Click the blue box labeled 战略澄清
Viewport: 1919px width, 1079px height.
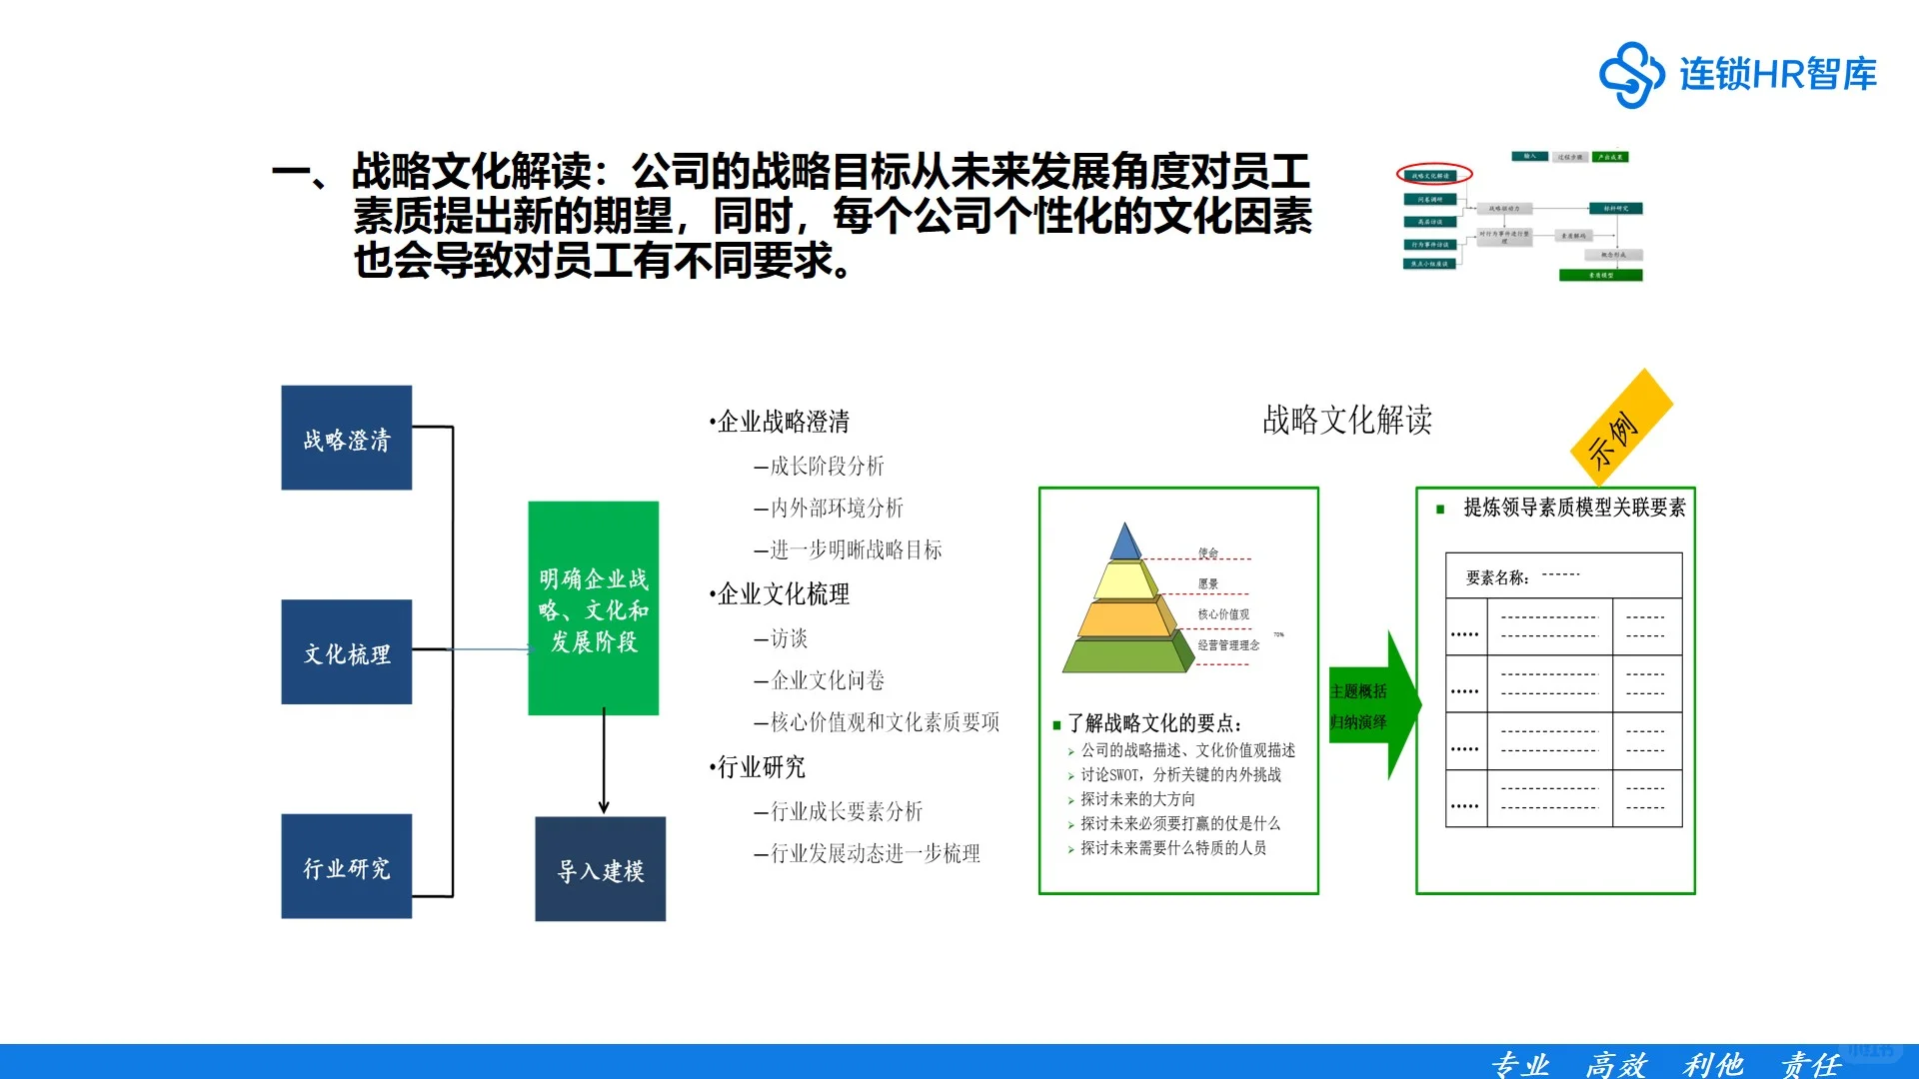click(346, 438)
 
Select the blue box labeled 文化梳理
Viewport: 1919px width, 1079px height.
click(346, 652)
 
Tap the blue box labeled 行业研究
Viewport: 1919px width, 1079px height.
click(346, 866)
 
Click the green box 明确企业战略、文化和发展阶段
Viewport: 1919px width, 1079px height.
click(593, 608)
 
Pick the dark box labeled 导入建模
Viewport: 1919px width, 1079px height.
click(600, 869)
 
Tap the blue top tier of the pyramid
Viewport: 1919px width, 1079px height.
click(1125, 543)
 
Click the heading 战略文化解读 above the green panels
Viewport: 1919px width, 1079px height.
click(1346, 421)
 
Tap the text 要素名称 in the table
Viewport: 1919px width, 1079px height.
click(1496, 577)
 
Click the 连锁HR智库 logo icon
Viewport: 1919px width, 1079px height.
click(1631, 74)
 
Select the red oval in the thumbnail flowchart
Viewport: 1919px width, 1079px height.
click(1433, 175)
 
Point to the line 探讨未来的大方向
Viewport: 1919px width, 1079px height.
click(1136, 799)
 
